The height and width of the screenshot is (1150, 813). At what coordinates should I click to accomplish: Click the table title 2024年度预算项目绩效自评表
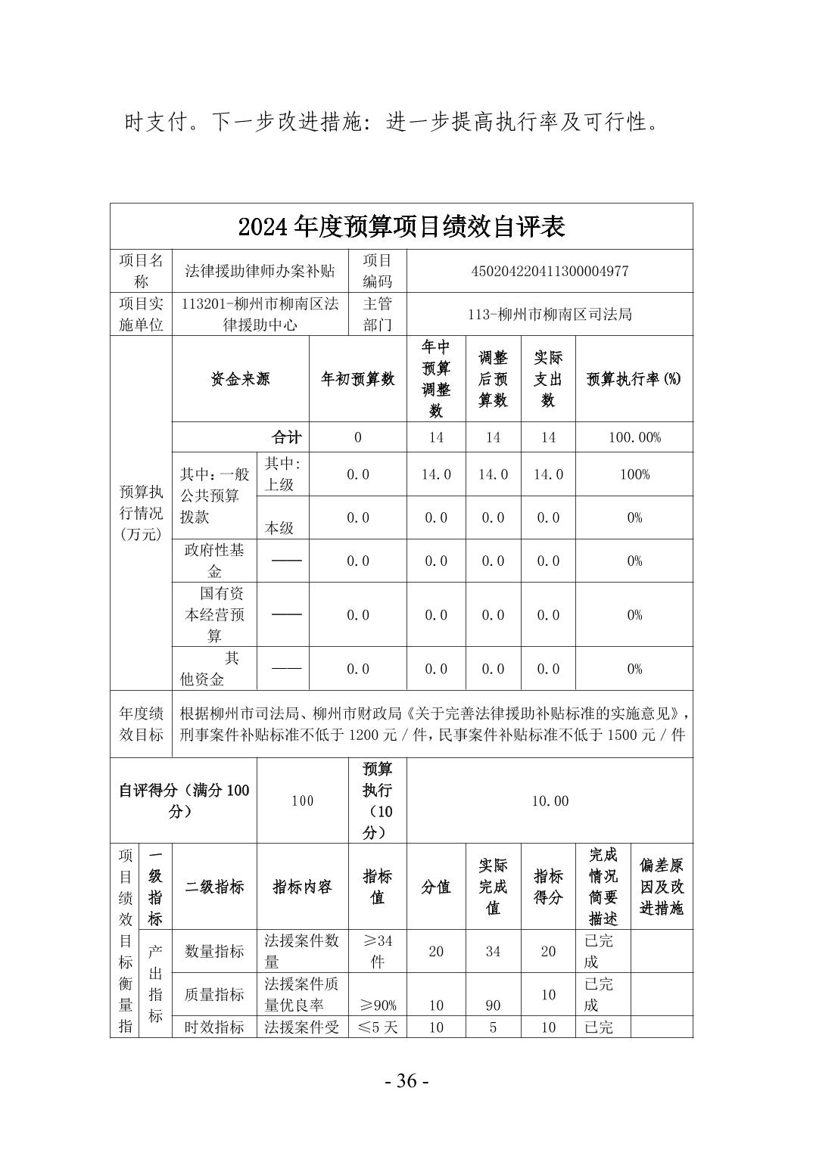(x=401, y=226)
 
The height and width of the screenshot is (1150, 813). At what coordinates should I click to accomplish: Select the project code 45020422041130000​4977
(x=550, y=271)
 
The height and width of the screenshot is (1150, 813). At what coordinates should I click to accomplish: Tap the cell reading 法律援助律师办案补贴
(x=260, y=271)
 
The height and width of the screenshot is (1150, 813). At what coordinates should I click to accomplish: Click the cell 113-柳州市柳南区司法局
(x=550, y=314)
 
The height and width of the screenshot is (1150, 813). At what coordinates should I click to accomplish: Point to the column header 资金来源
(x=240, y=379)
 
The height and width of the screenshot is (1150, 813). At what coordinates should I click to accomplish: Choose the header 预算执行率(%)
(x=634, y=379)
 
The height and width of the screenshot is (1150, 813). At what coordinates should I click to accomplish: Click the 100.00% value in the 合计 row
(x=634, y=437)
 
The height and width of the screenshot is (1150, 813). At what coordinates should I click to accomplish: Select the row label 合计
(x=286, y=437)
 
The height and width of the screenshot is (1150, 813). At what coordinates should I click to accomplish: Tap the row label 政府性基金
(x=214, y=561)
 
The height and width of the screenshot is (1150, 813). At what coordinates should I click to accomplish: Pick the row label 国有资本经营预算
(x=214, y=614)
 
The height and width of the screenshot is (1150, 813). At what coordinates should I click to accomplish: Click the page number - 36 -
(x=406, y=1081)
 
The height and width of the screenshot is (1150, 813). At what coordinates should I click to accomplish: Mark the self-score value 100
(x=302, y=800)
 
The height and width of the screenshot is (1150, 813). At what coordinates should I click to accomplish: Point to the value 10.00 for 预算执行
(x=550, y=800)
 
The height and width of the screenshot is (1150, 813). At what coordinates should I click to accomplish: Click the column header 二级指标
(x=214, y=887)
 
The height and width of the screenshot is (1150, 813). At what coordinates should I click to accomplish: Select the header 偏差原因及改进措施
(x=661, y=887)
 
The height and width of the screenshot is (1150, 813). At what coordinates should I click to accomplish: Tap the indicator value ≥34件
(x=377, y=951)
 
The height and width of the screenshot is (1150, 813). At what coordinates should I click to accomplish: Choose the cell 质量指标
(x=214, y=994)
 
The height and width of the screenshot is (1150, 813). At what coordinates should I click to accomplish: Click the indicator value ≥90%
(x=377, y=1005)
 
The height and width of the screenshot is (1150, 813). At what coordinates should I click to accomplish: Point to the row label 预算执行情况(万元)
(x=141, y=512)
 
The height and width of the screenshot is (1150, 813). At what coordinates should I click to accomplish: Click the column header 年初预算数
(x=358, y=379)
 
